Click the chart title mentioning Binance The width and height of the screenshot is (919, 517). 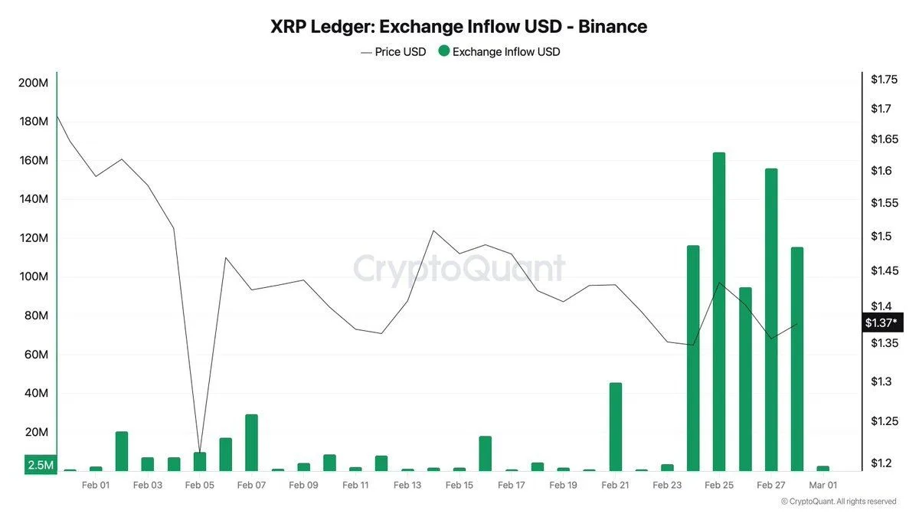click(459, 26)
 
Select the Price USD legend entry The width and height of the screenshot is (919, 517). click(393, 52)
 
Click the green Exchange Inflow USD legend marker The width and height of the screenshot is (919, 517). click(443, 52)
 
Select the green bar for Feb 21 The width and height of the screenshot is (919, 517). click(615, 427)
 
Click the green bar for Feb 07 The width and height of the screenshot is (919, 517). click(251, 443)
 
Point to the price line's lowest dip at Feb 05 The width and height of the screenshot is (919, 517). click(199, 452)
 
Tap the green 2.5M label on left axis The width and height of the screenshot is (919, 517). click(40, 465)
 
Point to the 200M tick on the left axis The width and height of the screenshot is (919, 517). click(33, 83)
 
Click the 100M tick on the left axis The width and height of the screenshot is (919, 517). click(33, 276)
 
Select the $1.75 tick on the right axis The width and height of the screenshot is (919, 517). click(884, 79)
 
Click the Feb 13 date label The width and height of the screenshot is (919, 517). click(407, 485)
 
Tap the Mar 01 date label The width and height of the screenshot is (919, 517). click(823, 485)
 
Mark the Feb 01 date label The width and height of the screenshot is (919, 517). click(95, 485)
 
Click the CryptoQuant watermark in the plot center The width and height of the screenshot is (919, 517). click(459, 269)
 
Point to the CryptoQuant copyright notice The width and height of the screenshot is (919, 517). click(838, 502)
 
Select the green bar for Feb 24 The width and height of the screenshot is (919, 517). click(693, 358)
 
